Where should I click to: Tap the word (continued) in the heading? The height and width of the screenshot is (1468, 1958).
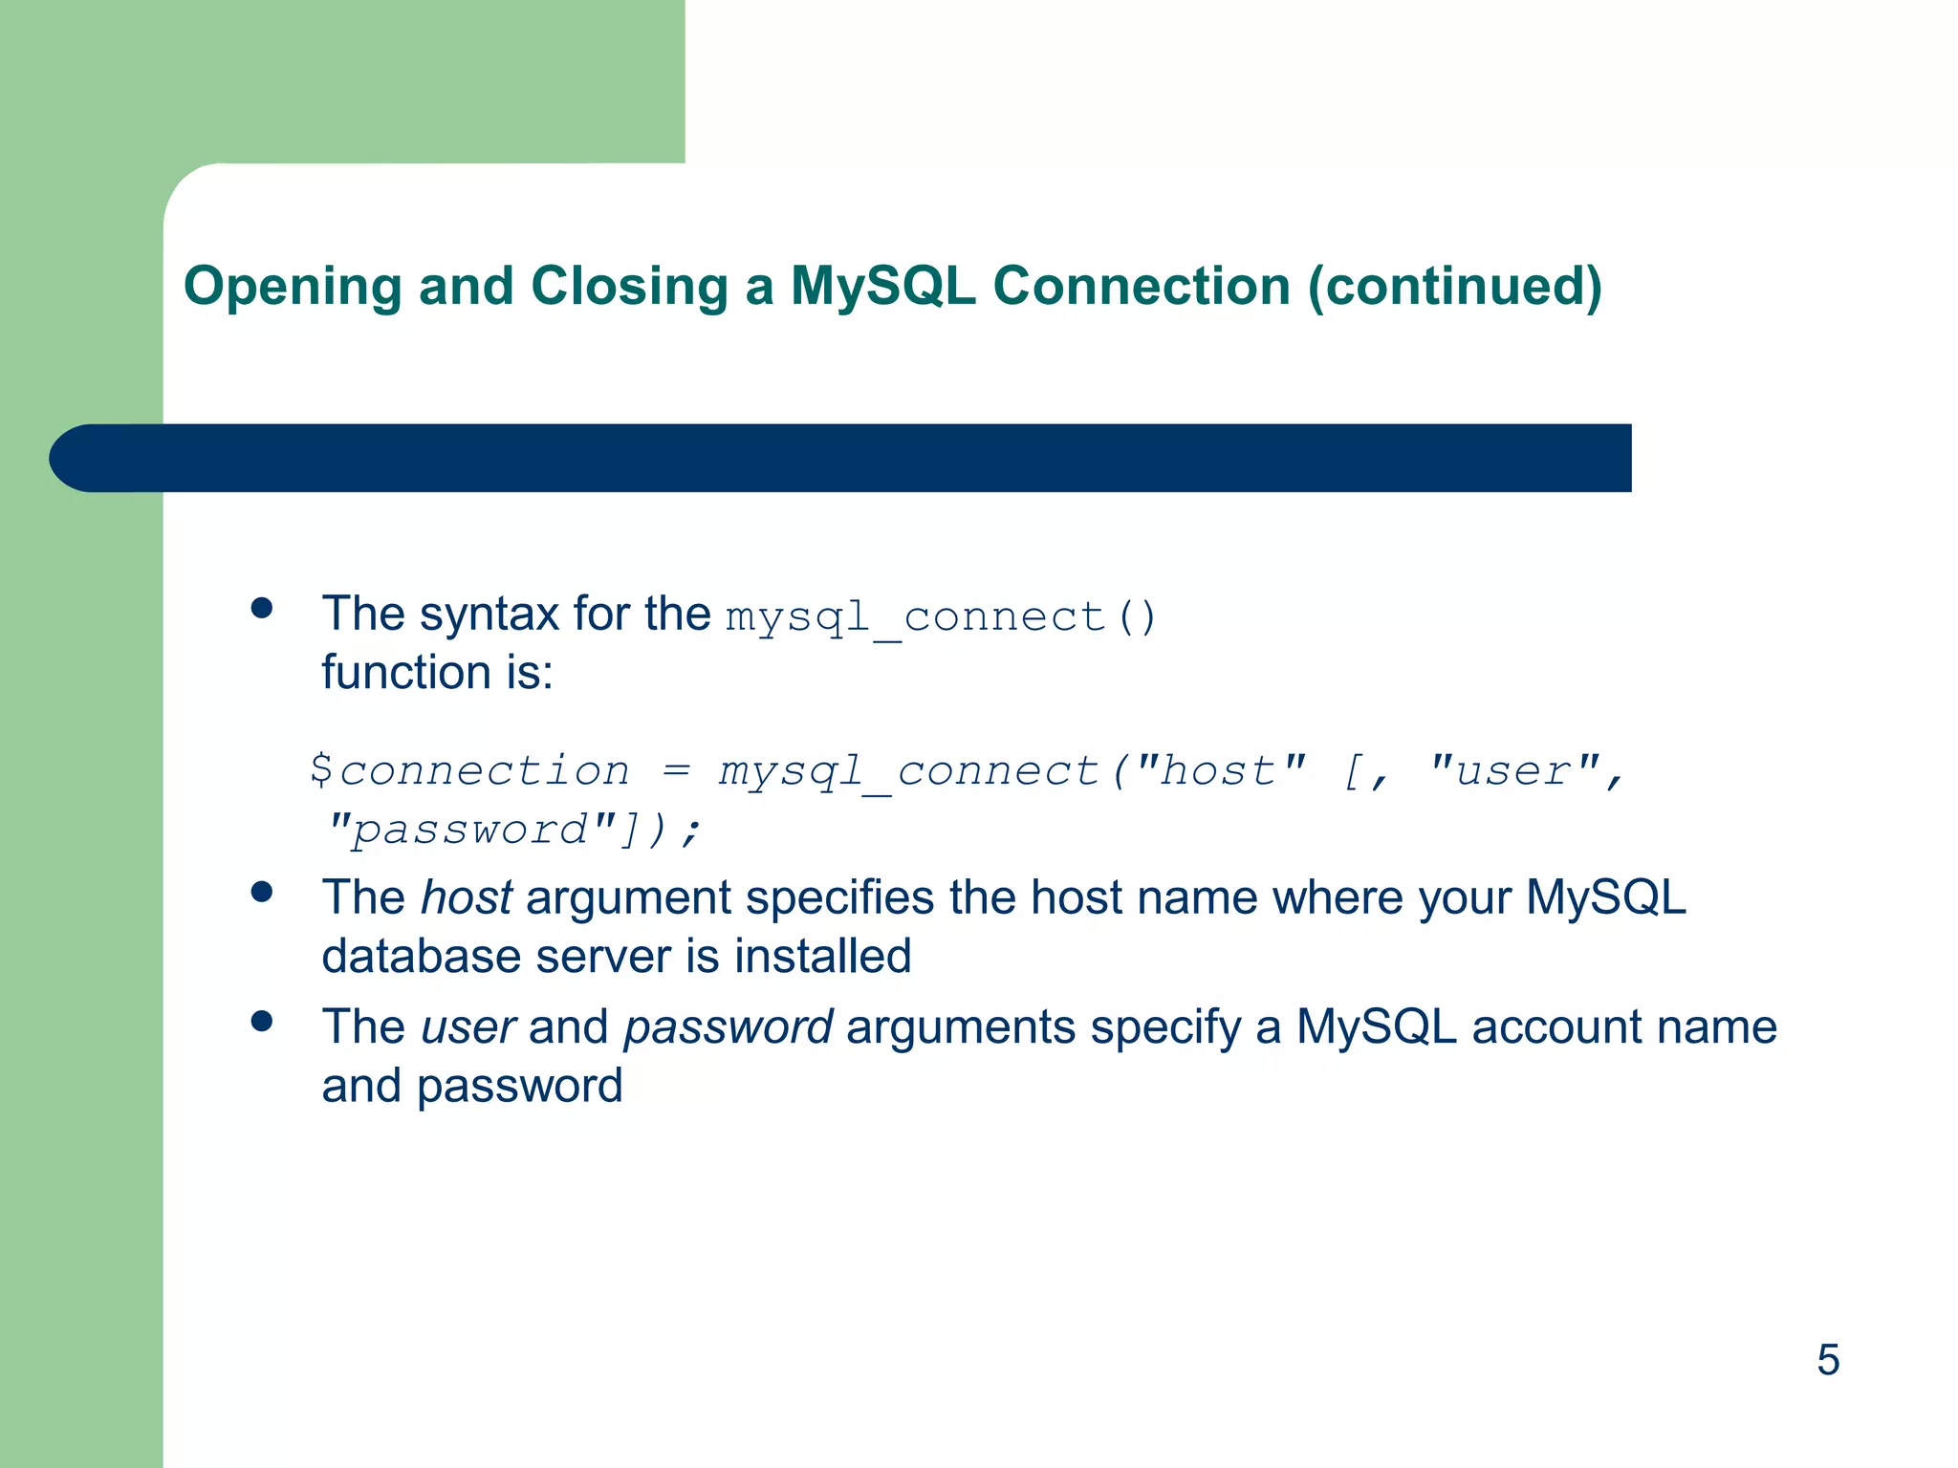point(1454,288)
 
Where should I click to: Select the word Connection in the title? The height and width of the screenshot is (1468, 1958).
point(1142,286)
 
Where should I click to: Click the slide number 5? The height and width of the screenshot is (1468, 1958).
point(1827,1359)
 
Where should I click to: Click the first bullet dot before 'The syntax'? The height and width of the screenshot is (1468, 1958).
point(262,609)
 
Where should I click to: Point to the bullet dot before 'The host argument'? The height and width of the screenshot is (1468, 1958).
point(262,892)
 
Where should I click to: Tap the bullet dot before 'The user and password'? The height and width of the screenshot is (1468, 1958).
point(262,1021)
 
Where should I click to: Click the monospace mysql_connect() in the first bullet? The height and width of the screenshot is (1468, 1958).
point(942,616)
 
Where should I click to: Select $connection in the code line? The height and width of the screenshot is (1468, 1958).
point(469,770)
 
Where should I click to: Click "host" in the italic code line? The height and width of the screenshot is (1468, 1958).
point(1220,770)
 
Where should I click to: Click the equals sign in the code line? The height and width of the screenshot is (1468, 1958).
point(676,770)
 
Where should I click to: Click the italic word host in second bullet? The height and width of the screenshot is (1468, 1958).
point(466,897)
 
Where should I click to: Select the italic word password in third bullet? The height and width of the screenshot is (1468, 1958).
point(728,1027)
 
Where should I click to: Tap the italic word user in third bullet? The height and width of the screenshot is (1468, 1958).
point(468,1027)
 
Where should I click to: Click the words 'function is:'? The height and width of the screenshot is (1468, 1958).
point(437,672)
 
